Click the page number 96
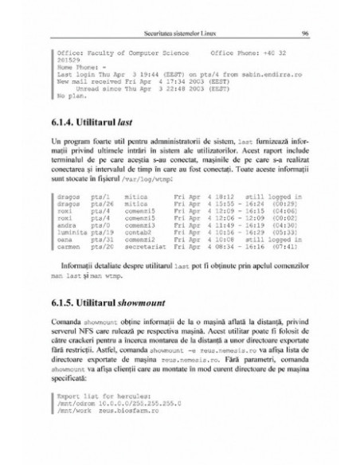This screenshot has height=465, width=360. pyautogui.click(x=306, y=34)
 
